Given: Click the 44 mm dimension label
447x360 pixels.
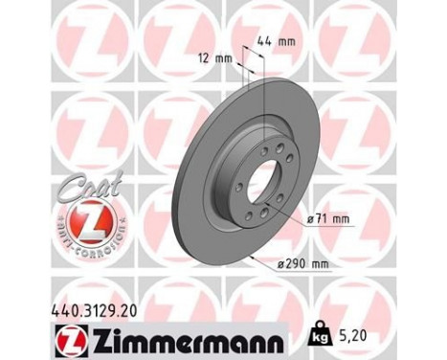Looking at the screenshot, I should pos(275,41).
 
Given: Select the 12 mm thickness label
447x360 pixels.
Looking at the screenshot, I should pos(217,58).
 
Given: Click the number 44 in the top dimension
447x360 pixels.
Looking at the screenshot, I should pos(266,41).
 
